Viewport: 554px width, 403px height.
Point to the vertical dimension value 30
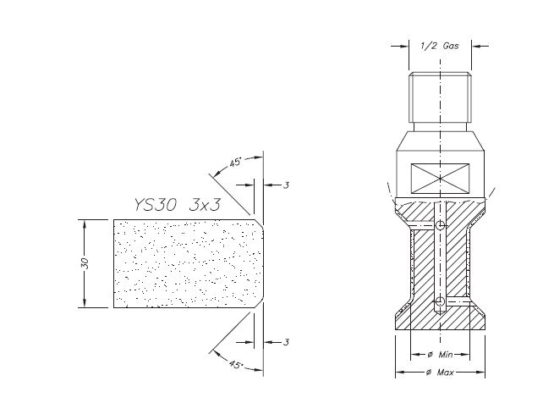coord(84,263)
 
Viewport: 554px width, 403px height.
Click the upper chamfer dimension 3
coord(287,184)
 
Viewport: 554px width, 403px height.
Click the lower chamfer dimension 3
coord(287,341)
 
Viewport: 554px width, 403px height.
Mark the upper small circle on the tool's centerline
coord(441,226)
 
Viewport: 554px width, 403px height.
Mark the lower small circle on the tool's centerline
coord(441,302)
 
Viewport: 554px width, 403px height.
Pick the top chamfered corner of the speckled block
coord(259,224)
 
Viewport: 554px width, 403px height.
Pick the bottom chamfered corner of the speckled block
coord(259,303)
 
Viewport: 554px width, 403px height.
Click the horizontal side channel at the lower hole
coord(465,302)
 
